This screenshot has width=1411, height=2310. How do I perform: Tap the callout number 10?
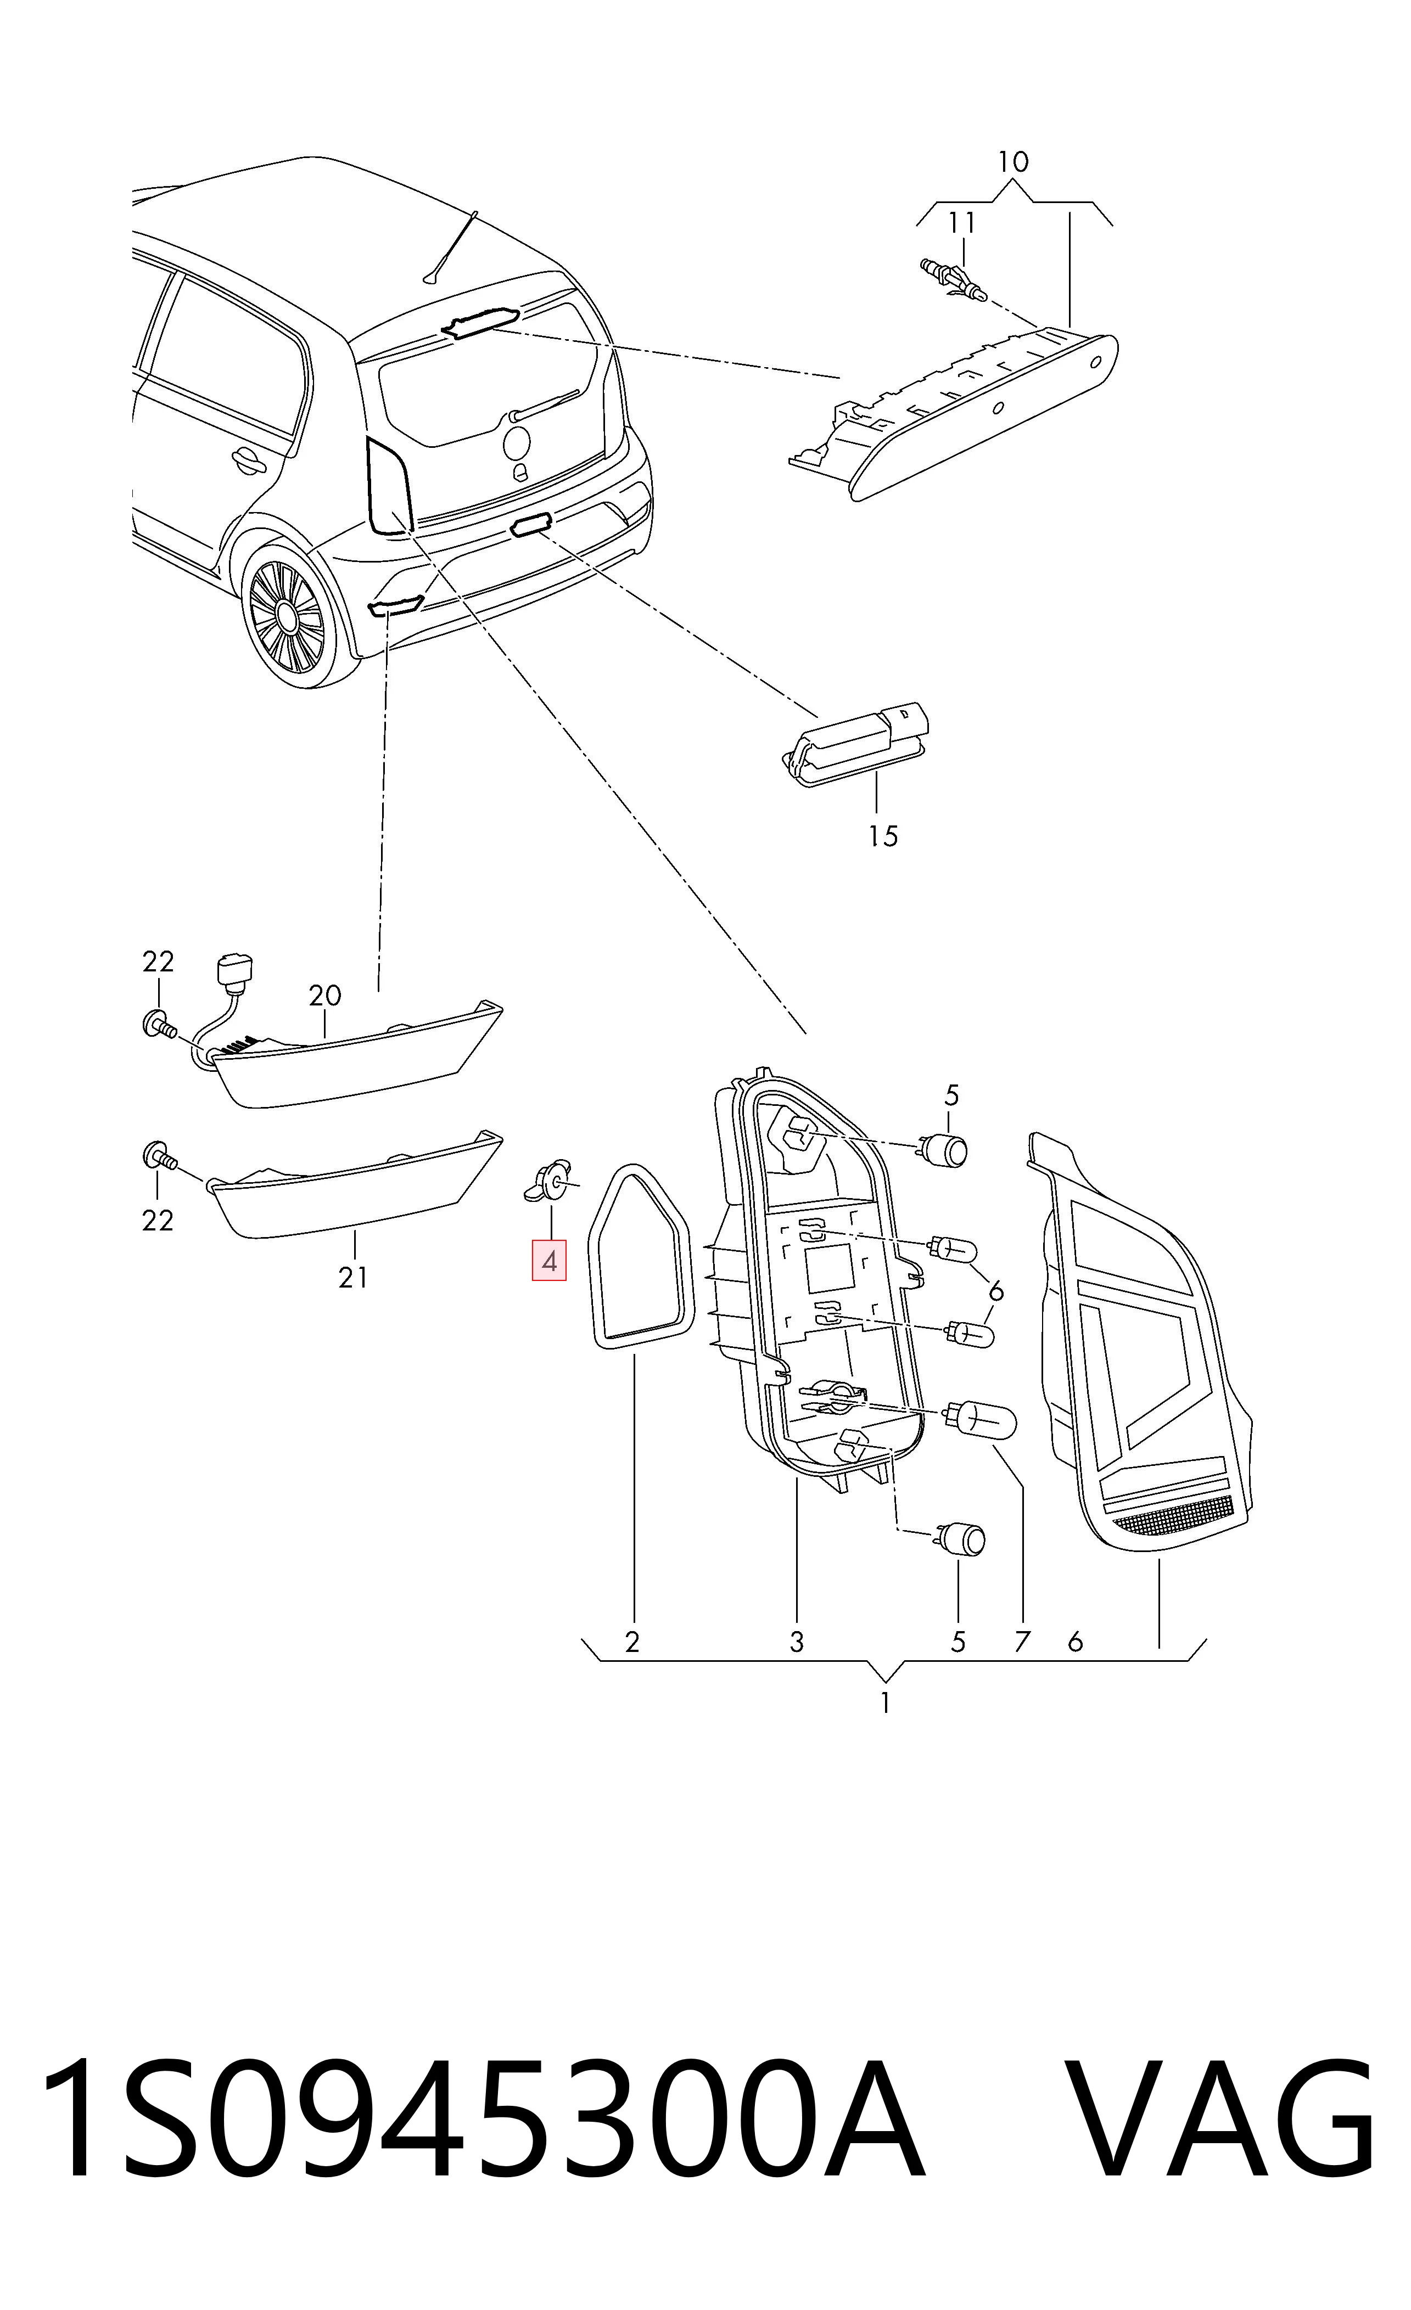tap(1012, 162)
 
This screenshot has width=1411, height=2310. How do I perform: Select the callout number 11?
tap(962, 223)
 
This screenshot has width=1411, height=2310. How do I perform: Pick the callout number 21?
tap(354, 1277)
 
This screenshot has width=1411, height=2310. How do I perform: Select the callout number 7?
tap(1022, 1640)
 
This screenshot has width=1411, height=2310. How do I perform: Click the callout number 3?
tap(796, 1640)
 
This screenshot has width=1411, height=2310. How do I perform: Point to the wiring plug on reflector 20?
tap(233, 972)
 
